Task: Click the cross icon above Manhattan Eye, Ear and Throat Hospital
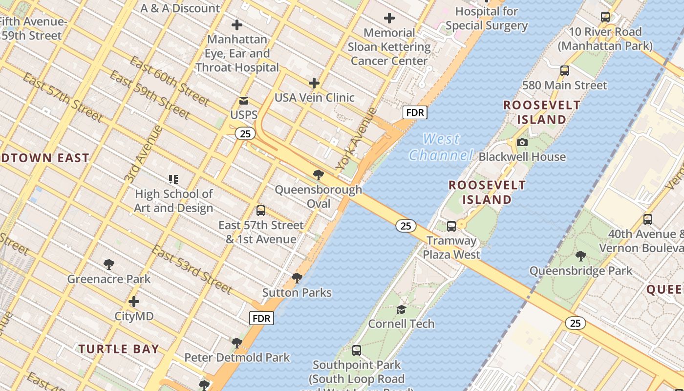point(237,25)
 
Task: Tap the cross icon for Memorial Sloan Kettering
point(389,19)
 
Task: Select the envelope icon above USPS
point(244,101)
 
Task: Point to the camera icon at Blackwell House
point(522,143)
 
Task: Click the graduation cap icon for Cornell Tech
point(401,309)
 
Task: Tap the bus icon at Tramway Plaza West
point(451,226)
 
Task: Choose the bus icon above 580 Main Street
point(565,71)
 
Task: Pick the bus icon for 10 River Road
point(605,17)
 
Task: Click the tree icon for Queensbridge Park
point(581,256)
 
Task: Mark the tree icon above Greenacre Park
point(109,264)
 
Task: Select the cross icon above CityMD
point(134,302)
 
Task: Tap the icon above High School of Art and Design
point(173,179)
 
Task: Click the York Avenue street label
point(357,139)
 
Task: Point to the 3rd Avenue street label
point(143,154)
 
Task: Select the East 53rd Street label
point(192,269)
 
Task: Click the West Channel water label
point(441,147)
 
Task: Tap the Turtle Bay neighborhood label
point(119,349)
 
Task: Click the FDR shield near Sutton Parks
point(261,319)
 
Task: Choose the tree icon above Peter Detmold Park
point(237,343)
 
